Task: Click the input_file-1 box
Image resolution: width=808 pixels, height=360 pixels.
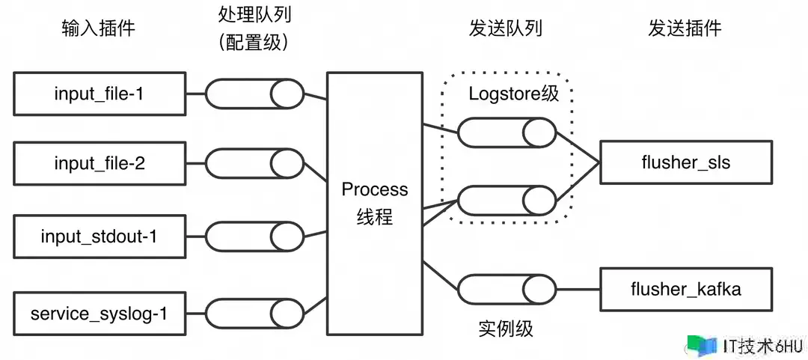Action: [x=100, y=94]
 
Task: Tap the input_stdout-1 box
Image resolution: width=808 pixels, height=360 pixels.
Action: [x=100, y=237]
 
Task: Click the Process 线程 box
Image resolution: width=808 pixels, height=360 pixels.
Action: [x=374, y=204]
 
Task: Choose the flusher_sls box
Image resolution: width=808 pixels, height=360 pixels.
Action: [x=685, y=162]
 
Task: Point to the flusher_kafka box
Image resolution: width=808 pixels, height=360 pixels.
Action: [x=685, y=289]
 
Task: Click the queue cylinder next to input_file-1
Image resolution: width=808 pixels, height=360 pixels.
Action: [x=254, y=94]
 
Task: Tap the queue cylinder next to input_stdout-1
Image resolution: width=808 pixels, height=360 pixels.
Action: [x=254, y=237]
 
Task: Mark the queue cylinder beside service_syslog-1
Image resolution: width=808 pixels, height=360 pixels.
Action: [x=254, y=312]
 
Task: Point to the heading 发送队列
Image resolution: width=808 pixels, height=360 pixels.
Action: [x=506, y=29]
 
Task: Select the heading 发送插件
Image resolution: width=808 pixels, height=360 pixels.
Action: [x=685, y=29]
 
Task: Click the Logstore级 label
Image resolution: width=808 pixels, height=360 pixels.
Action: [x=514, y=94]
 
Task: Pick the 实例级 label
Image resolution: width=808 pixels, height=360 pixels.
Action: [x=506, y=329]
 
